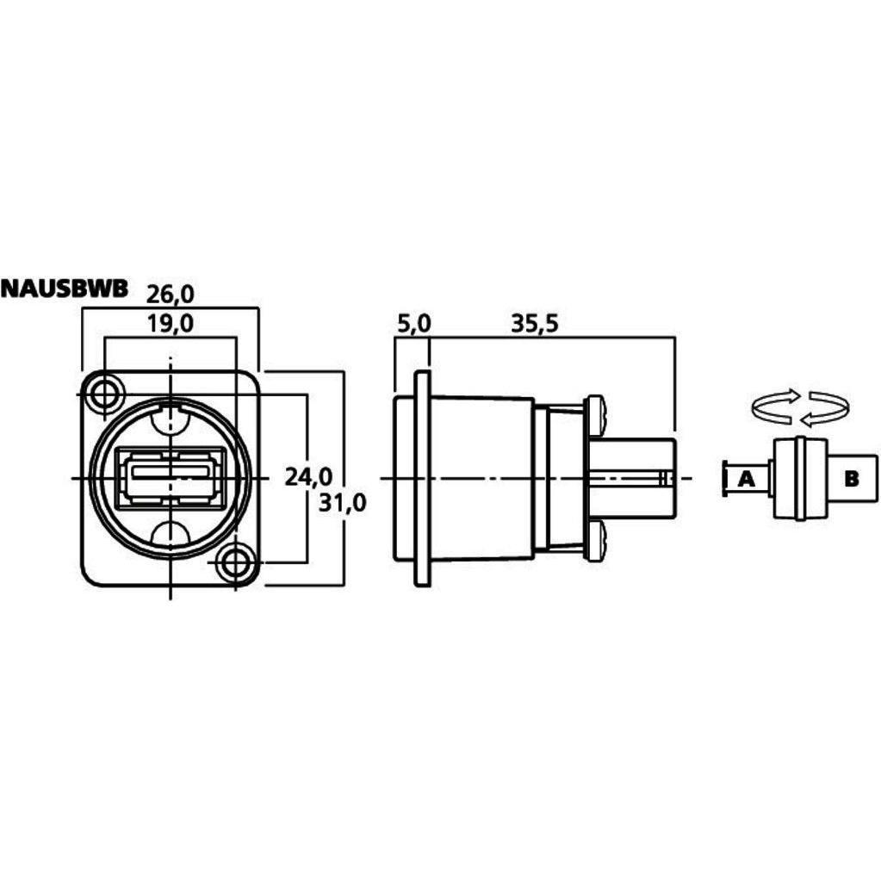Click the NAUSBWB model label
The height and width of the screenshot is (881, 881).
click(65, 288)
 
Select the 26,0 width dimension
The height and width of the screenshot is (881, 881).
click(171, 294)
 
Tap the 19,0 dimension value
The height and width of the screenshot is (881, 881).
click(171, 324)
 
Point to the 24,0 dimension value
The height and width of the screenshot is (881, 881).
click(308, 477)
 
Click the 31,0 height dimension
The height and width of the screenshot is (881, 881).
click(342, 502)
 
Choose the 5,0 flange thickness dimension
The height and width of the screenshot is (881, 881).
click(413, 324)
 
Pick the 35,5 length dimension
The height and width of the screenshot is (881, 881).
click(535, 324)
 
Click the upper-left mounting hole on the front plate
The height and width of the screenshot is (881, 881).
click(104, 394)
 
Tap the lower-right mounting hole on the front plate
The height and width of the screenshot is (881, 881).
click(235, 561)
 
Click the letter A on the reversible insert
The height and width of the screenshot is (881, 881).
click(746, 479)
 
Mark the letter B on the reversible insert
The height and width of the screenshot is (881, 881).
click(852, 479)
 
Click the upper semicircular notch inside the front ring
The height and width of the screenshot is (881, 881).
click(171, 420)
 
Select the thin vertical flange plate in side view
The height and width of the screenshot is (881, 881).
click(422, 479)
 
